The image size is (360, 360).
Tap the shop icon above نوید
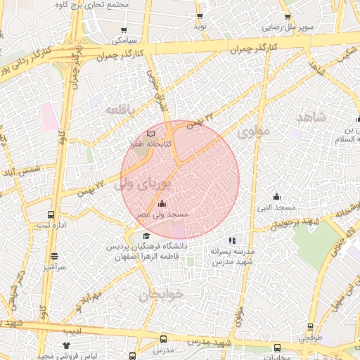(x=200, y=15)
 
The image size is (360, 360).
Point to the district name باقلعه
(x=120, y=110)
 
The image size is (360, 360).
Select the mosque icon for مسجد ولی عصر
(x=162, y=204)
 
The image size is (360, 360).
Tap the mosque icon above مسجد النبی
(x=277, y=196)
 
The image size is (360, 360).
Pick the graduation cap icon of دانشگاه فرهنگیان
(x=146, y=236)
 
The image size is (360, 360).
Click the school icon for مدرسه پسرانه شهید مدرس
(x=233, y=240)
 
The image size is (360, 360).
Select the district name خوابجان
(x=154, y=295)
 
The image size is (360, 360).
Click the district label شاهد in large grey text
(x=311, y=117)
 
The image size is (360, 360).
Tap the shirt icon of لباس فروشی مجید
(x=67, y=346)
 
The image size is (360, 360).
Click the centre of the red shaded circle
(x=180, y=179)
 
